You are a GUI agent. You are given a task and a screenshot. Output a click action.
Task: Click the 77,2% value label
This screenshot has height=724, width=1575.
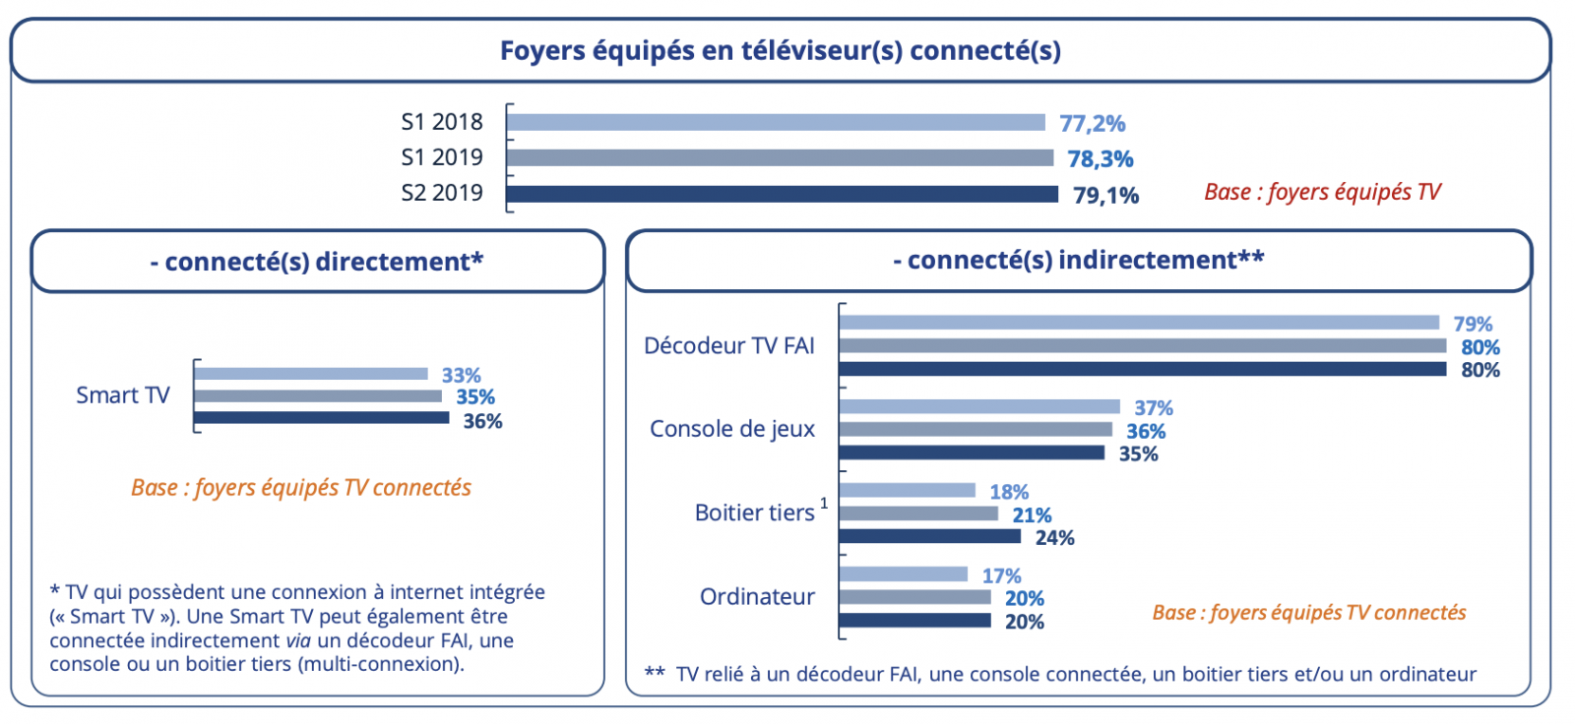(1092, 124)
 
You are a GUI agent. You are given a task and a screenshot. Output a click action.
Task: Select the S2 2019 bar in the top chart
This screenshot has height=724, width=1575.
(783, 194)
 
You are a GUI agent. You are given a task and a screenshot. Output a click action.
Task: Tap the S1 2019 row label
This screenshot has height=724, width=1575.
(442, 157)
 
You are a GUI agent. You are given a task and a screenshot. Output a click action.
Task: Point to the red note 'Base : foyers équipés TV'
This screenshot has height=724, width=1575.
(1322, 192)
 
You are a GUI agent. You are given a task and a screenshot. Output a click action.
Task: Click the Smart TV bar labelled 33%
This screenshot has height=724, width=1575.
(311, 374)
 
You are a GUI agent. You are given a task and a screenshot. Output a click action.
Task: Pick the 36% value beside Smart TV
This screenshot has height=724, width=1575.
(482, 421)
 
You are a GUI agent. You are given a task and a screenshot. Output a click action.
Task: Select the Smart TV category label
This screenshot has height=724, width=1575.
(123, 395)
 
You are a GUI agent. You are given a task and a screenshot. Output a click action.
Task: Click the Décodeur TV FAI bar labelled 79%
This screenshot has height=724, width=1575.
(1139, 323)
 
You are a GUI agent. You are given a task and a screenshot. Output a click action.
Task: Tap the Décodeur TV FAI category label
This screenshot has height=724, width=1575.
(729, 346)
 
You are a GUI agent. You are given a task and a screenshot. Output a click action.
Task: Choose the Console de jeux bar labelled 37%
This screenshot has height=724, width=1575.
(979, 406)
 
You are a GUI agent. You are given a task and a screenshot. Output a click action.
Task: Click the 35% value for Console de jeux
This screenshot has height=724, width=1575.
(1138, 454)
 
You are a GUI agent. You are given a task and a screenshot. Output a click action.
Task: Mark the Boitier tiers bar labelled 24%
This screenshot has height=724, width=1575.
(930, 536)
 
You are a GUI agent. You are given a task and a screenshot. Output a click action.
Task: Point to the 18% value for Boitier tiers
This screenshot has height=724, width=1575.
(1009, 492)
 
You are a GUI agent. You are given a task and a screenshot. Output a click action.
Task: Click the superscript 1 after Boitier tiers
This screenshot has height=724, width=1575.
(824, 504)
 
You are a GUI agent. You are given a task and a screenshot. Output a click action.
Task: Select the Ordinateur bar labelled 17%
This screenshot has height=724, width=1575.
(904, 573)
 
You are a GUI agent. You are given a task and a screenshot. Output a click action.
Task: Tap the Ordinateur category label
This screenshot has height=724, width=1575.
(757, 597)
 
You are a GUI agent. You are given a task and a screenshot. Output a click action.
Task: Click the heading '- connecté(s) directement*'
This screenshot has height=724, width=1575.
(317, 262)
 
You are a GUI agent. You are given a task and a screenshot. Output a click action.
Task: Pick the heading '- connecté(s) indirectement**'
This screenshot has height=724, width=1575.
(1078, 260)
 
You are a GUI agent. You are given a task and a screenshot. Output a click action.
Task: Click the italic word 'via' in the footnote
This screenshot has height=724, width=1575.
(298, 640)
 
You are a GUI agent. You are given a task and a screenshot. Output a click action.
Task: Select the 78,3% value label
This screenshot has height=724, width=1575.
(1101, 159)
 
